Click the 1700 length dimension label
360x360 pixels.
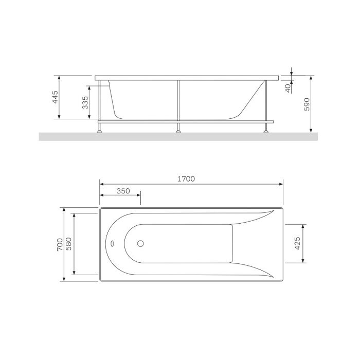coord(186,179)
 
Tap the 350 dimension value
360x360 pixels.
coord(123,191)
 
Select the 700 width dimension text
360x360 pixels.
coord(60,244)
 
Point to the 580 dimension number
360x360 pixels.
coord(68,244)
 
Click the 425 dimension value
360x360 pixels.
coord(297,243)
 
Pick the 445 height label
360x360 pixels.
coord(56,97)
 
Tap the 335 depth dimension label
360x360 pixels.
coord(85,103)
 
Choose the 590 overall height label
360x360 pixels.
coord(307,104)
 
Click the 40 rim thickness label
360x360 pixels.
coord(287,88)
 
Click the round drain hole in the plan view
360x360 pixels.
coord(140,243)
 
